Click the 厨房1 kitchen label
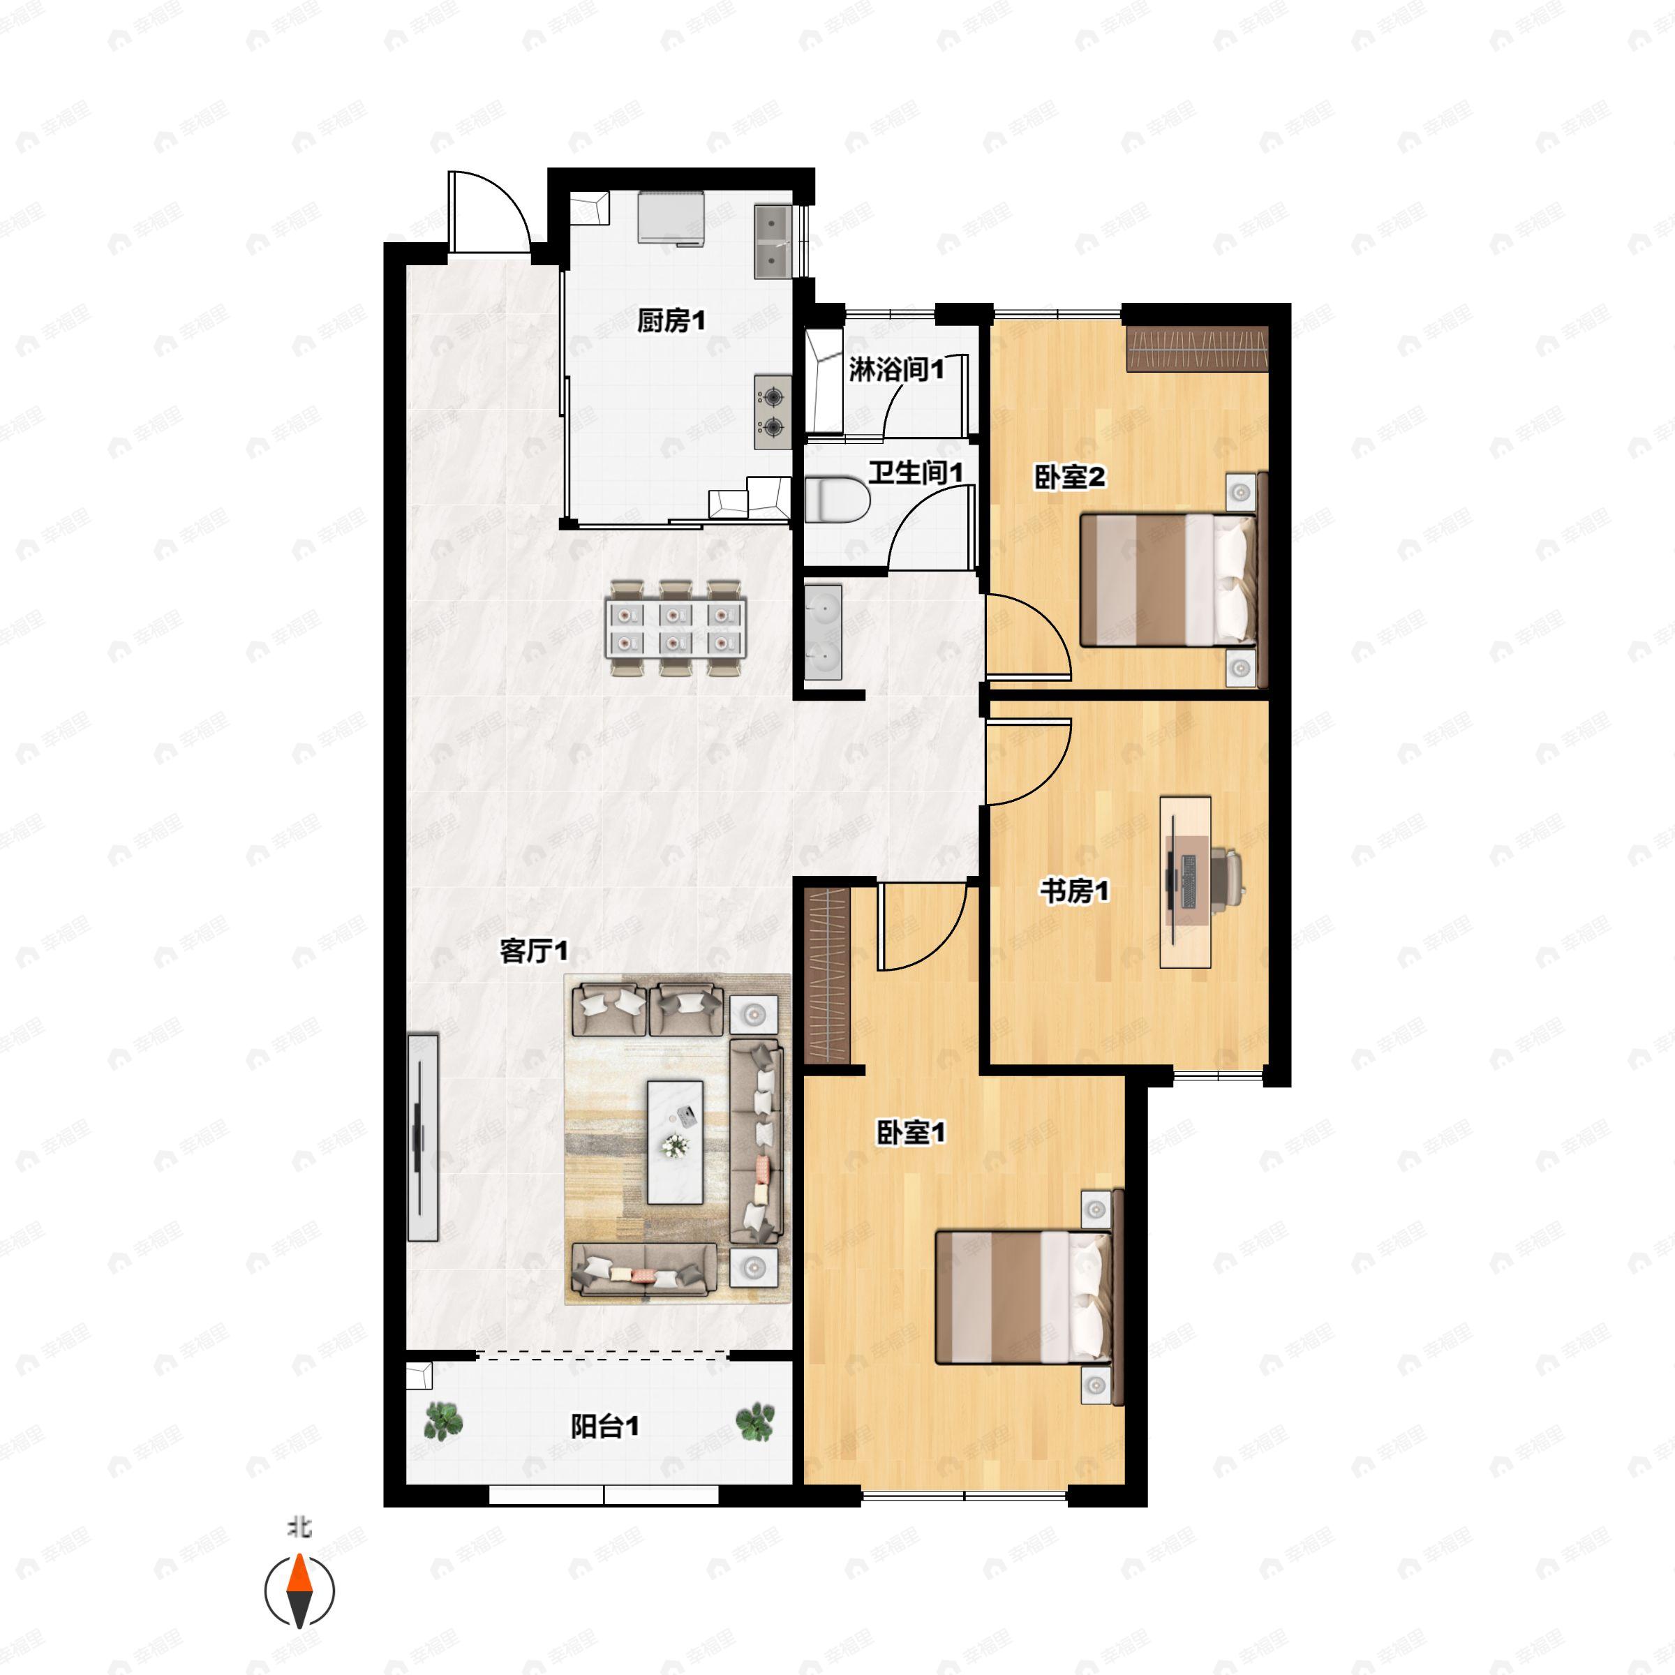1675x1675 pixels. [671, 322]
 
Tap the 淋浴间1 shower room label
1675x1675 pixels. [896, 369]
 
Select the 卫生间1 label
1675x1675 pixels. [916, 472]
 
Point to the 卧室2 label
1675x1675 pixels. [1070, 477]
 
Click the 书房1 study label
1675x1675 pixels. [1074, 891]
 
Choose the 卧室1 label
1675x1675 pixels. [910, 1132]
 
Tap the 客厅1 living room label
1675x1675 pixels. [534, 951]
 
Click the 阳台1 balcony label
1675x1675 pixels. [604, 1426]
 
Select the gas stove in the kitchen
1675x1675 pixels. [772, 412]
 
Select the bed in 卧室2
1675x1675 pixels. [1167, 580]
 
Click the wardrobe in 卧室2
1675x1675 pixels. [1198, 350]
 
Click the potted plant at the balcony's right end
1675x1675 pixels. [754, 1422]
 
